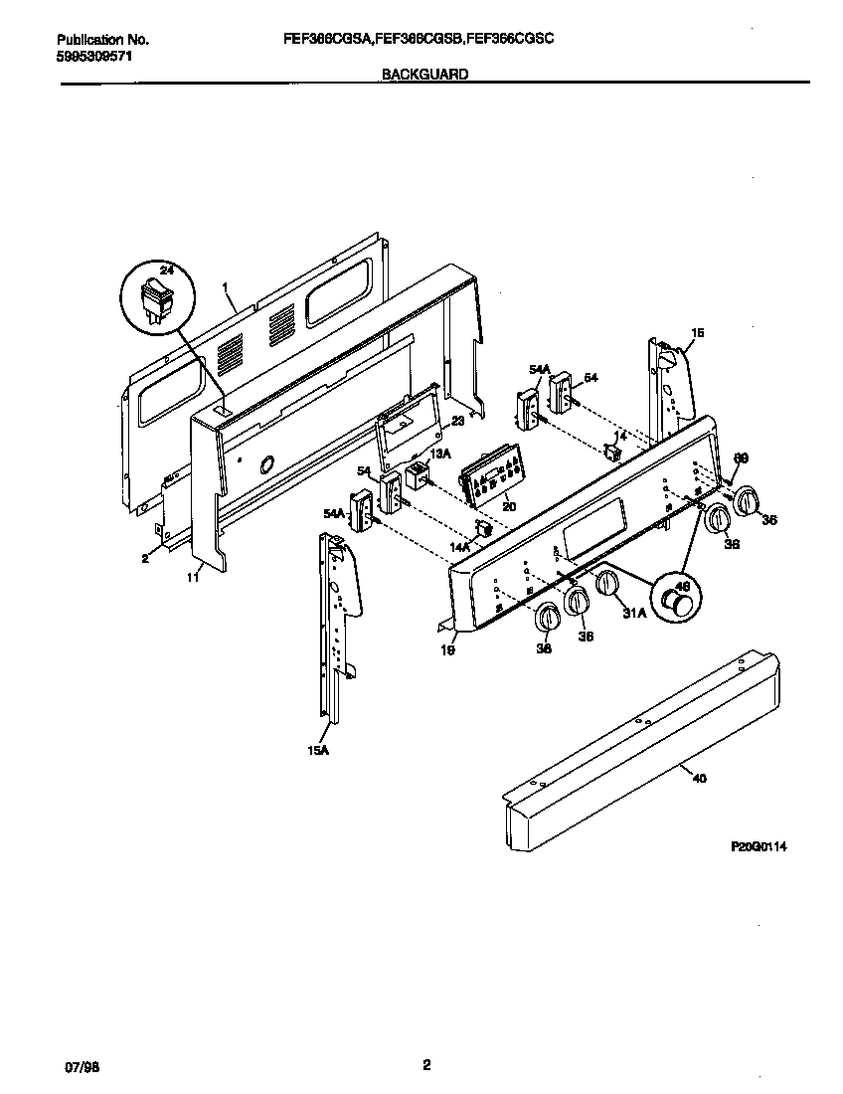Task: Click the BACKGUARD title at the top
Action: [424, 74]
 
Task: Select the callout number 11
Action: [193, 576]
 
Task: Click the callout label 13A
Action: [440, 454]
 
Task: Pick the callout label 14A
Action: [460, 547]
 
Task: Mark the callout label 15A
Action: [317, 752]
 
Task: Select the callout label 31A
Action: [633, 614]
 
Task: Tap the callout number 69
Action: [740, 457]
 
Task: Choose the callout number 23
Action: [457, 421]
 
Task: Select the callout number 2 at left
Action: [144, 559]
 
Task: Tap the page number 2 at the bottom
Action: [425, 1065]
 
